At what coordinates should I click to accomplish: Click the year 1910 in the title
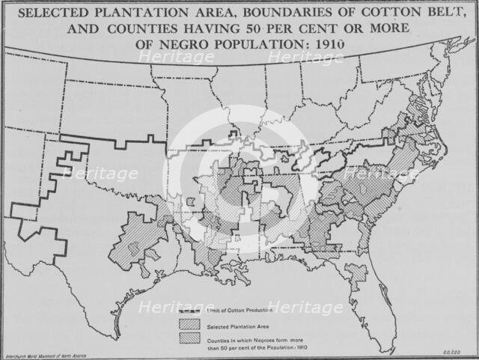tap(331, 44)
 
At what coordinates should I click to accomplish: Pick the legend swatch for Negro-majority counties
tap(188, 338)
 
